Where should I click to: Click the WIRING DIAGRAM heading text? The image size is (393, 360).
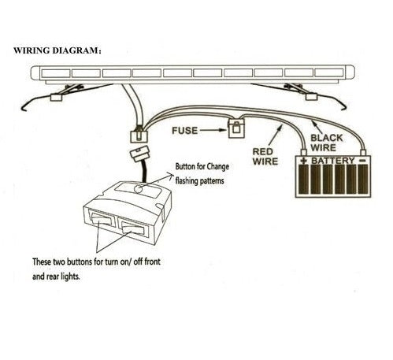[x=60, y=50]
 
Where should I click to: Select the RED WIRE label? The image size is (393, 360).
[x=265, y=155]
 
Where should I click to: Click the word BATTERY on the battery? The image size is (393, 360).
[x=335, y=161]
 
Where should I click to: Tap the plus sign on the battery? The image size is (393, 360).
[x=302, y=161]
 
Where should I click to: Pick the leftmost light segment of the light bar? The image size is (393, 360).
[x=55, y=74]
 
